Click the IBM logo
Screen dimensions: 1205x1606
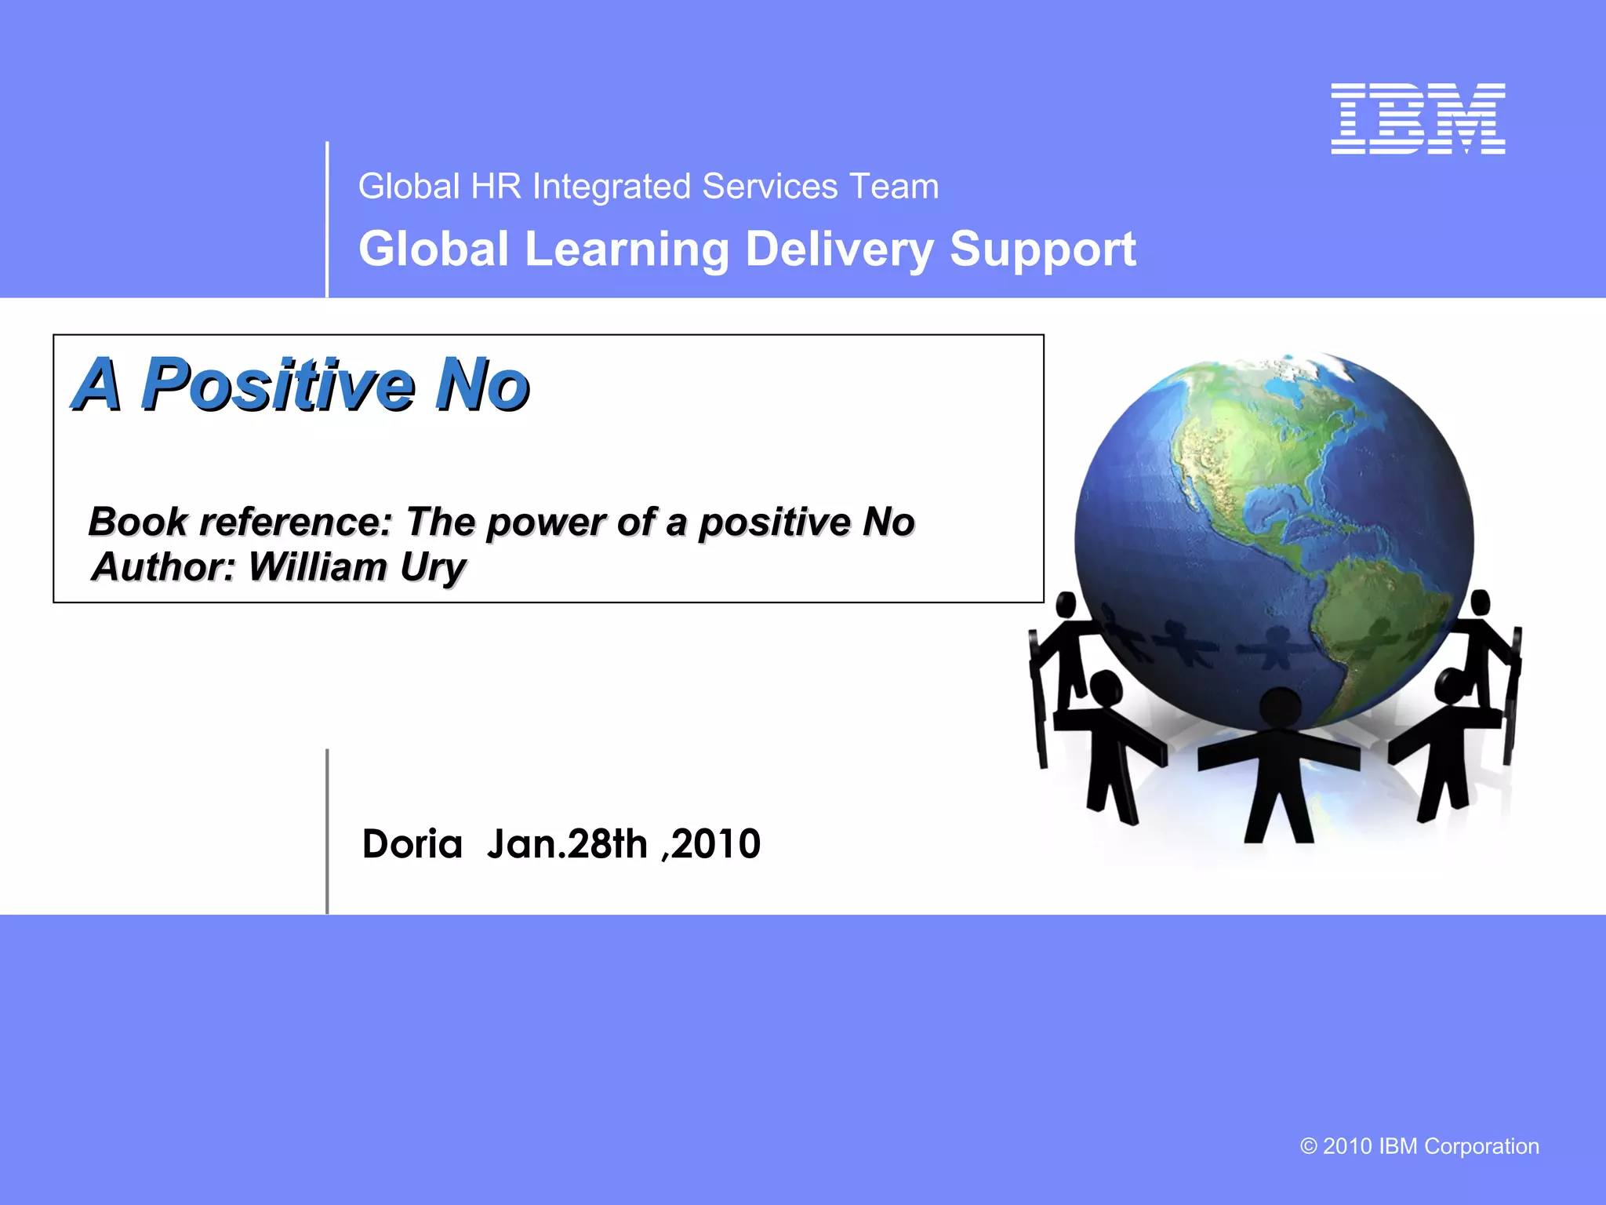[x=1418, y=118]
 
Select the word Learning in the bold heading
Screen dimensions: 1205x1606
[x=627, y=249]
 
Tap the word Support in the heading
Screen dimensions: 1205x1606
[x=1042, y=249]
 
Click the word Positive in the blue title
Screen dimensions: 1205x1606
[x=278, y=384]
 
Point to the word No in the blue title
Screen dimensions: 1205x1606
[x=481, y=384]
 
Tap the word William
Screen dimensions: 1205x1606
[x=318, y=566]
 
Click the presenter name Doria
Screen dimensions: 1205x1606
[x=412, y=844]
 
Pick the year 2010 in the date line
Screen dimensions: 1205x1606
[x=716, y=844]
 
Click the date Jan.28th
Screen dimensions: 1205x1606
[x=567, y=844]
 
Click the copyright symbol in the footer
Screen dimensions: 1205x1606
[x=1308, y=1146]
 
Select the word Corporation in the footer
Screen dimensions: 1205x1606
[x=1481, y=1146]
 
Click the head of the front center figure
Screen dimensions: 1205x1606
[x=1281, y=707]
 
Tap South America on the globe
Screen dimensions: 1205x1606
[x=1392, y=620]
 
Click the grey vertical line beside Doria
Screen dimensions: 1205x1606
[x=327, y=832]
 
